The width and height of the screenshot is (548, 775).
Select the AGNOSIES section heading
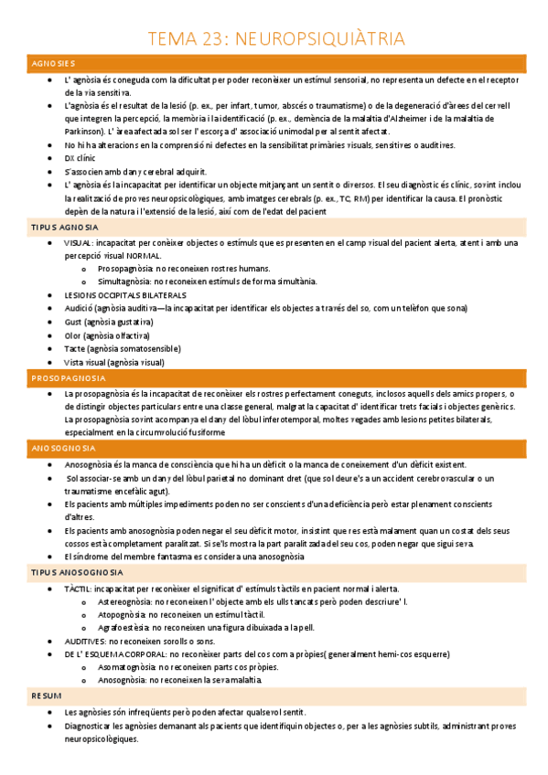pyautogui.click(x=53, y=63)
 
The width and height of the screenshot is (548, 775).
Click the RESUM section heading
pyautogui.click(x=47, y=695)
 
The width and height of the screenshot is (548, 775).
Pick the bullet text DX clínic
pyautogui.click(x=80, y=158)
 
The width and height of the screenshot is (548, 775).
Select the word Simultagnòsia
pyautogui.click(x=127, y=281)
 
